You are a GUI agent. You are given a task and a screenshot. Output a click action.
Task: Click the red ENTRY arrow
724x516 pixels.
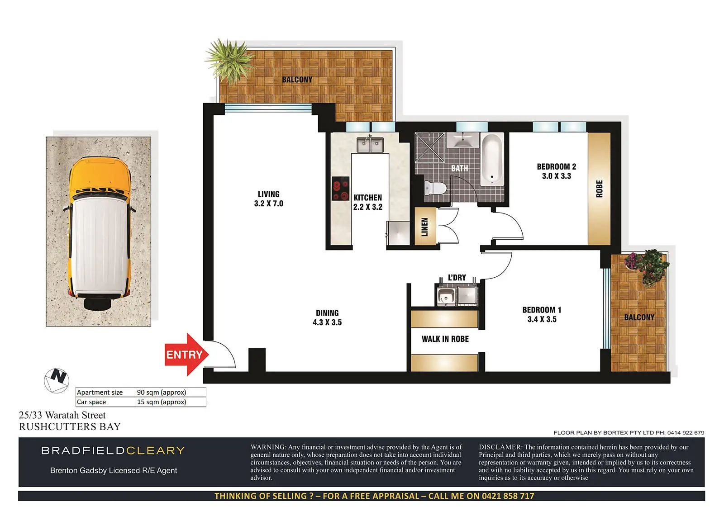click(186, 355)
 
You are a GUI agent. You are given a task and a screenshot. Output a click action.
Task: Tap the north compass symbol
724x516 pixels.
click(57, 381)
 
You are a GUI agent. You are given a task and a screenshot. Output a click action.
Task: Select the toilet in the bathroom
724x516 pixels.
click(435, 188)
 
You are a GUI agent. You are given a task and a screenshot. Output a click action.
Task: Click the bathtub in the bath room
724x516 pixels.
click(492, 159)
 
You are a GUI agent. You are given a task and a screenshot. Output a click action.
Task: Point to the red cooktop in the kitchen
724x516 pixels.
click(341, 189)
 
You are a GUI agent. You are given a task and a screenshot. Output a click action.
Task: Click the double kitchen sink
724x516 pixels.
click(370, 144)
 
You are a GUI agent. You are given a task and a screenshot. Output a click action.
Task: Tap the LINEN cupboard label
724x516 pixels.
click(425, 227)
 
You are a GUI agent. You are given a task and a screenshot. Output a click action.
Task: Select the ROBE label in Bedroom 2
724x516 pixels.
click(599, 189)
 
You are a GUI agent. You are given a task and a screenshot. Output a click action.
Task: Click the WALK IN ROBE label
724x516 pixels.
click(445, 339)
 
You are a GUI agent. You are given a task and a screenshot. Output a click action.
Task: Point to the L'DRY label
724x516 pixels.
click(457, 278)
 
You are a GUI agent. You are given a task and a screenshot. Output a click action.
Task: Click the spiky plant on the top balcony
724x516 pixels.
click(229, 61)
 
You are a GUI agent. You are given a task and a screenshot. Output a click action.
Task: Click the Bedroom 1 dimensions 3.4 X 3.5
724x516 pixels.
click(542, 319)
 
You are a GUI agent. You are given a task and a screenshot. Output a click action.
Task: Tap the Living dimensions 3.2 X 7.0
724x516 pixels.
click(269, 204)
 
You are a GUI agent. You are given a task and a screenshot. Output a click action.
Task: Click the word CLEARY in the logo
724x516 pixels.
click(155, 450)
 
